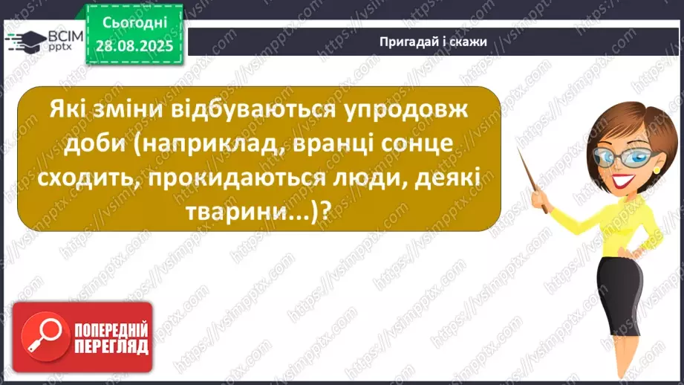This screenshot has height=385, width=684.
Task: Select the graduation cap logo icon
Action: tap(27, 41)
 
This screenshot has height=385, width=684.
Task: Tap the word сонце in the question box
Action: tap(407, 146)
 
